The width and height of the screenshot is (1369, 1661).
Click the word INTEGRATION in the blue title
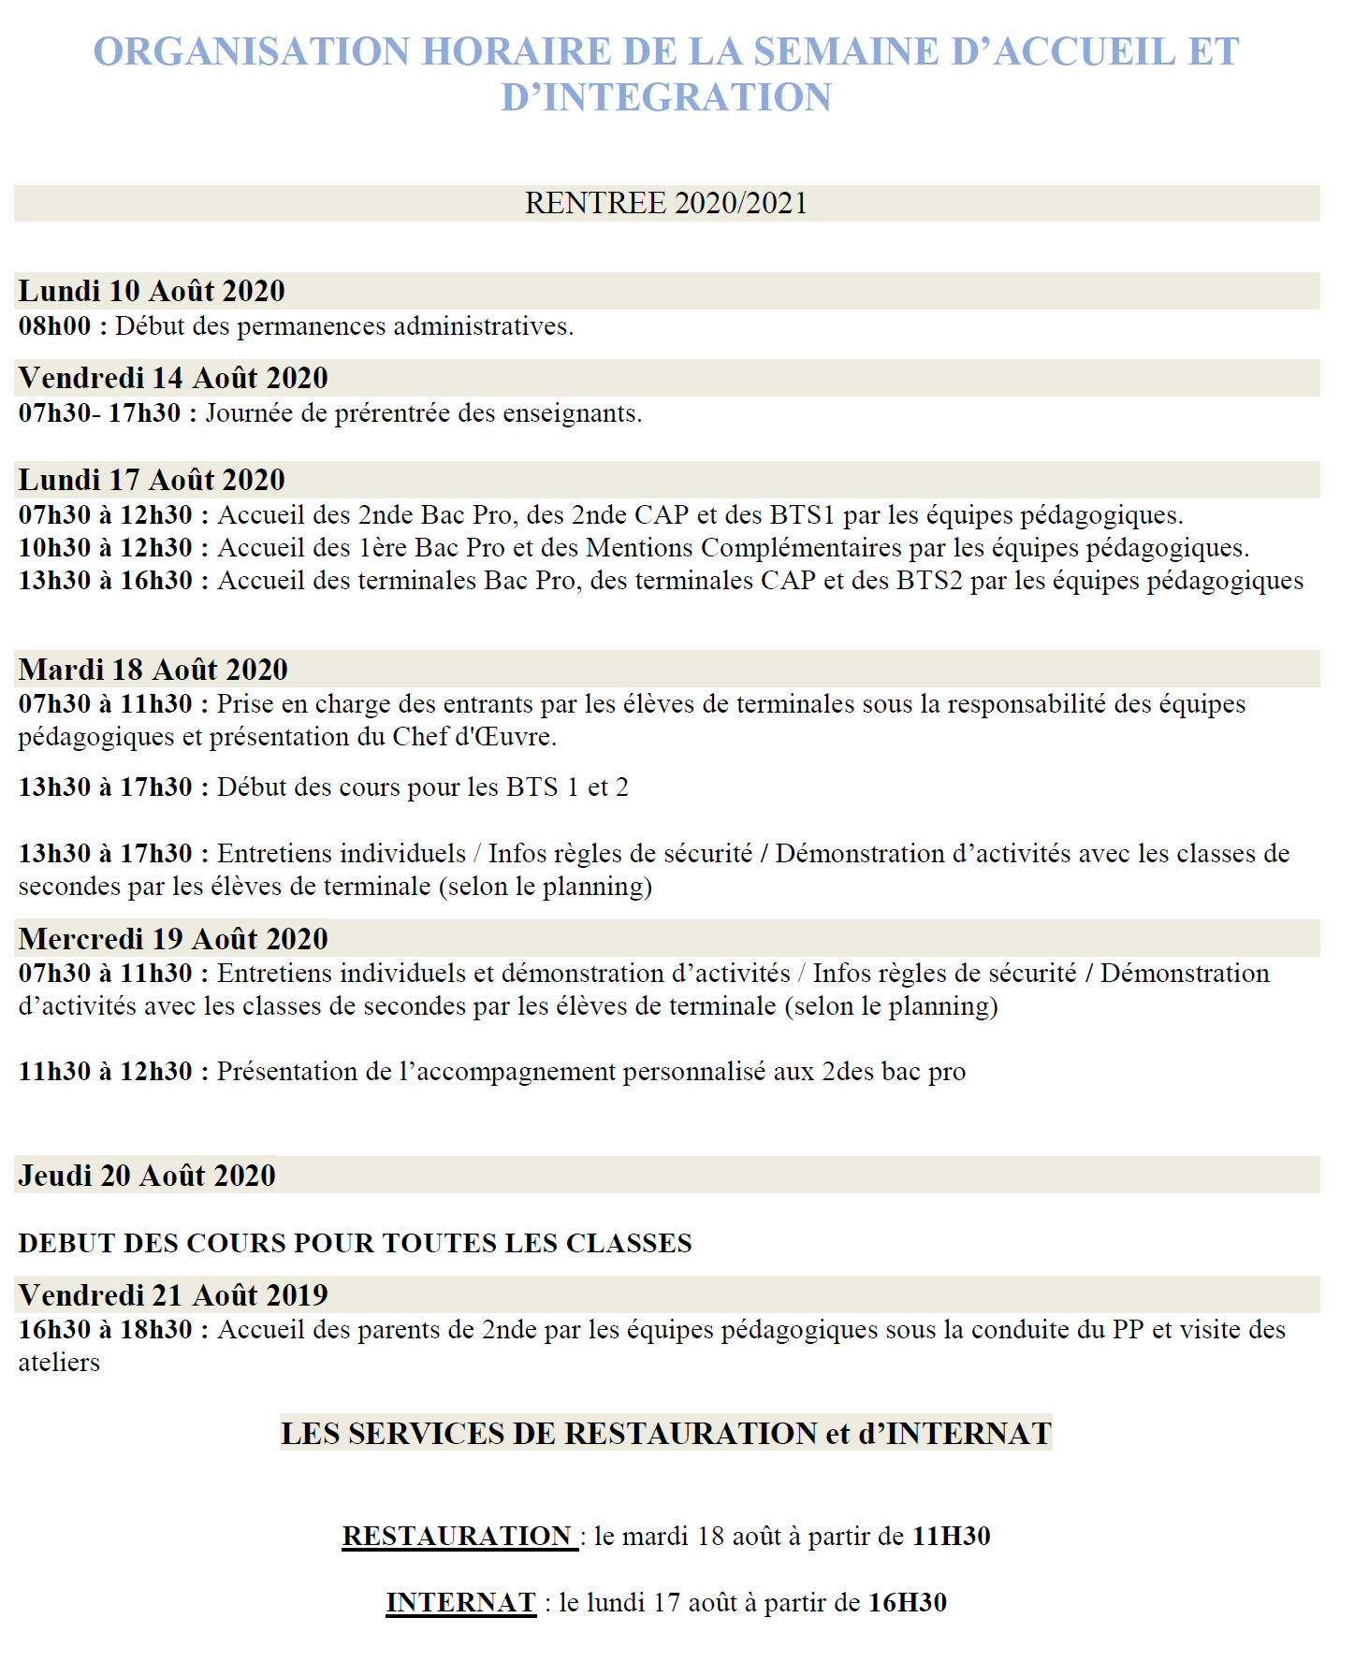687,98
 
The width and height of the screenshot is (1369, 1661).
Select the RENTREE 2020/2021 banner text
665,203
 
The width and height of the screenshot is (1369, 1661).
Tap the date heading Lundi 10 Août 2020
152,291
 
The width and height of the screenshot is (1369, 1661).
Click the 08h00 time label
55,326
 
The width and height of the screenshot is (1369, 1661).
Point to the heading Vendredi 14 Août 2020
173,378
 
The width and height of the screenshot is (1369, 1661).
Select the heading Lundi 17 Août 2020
152,480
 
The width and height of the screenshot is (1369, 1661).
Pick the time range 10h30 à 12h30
105,548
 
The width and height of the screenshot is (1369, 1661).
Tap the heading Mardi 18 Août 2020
153,670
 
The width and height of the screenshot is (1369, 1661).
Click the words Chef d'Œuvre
473,737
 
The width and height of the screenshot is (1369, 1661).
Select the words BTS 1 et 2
567,787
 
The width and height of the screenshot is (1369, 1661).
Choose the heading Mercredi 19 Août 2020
173,939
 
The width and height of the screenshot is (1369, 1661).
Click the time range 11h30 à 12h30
105,1072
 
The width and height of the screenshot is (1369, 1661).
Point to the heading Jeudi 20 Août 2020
147,1176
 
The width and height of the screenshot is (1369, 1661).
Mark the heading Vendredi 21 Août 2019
173,1295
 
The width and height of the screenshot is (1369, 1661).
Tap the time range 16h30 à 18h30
105,1330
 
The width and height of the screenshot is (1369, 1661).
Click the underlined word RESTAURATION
458,1536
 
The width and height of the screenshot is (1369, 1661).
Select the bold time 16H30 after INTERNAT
907,1602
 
